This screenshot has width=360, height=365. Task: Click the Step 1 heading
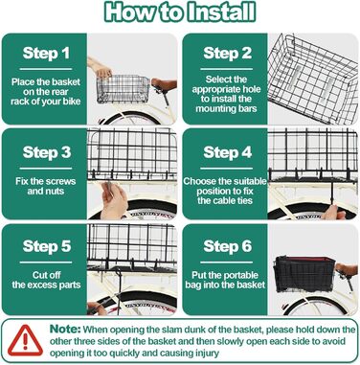point(46,53)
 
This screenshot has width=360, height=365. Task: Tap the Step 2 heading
point(228,53)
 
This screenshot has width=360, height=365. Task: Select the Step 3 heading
point(47,152)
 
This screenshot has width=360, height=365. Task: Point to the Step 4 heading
point(228,152)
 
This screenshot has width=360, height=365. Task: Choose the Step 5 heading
point(47,246)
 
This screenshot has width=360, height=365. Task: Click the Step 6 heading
point(228,246)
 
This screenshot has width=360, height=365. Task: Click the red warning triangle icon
point(25,341)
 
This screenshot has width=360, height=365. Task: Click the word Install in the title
point(221,12)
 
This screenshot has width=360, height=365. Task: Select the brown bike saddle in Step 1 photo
point(164,84)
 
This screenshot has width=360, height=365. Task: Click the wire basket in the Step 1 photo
point(124,89)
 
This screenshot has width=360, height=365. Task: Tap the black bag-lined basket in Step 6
point(304,273)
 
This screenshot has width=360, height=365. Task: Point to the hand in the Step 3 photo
point(113,200)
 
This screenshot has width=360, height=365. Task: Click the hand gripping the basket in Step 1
point(101,69)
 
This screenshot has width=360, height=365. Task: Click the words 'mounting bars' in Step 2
point(226,108)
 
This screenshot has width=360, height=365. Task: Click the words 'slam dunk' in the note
point(196,330)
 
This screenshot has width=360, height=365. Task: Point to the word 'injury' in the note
point(207,354)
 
